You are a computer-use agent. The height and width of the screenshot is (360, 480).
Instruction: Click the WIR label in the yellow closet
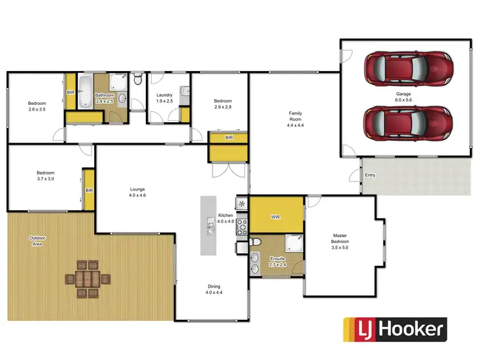pos(275,217)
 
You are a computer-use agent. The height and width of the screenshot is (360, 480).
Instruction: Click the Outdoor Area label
pos(38,241)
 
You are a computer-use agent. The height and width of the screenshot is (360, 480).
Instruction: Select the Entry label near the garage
pos(370,175)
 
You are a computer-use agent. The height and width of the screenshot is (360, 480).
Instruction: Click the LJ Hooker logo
pos(394,330)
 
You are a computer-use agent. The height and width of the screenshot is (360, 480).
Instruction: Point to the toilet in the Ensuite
pos(255,242)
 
